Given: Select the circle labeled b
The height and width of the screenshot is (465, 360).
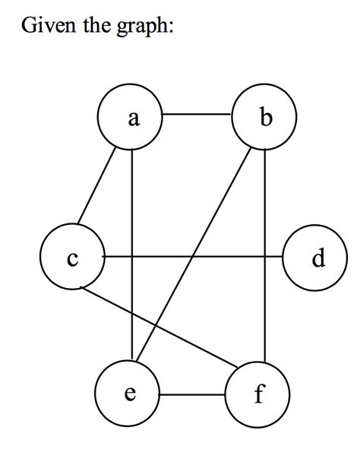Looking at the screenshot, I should point(264,117).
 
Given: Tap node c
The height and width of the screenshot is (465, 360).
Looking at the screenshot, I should point(72,258).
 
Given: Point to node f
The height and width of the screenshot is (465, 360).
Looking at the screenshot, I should point(258,394).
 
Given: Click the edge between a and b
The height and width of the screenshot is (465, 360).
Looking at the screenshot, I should point(197,115).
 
